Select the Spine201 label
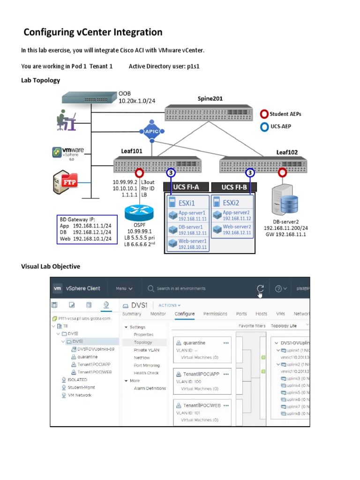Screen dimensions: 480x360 pyautogui.click(x=210, y=98)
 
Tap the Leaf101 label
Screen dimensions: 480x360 pyautogui.click(x=132, y=151)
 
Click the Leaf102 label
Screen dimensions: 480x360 pyautogui.click(x=287, y=152)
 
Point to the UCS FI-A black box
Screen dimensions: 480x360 pyautogui.click(x=186, y=187)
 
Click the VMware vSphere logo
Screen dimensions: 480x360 pyautogui.click(x=68, y=153)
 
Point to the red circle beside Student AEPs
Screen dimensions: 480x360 pyautogui.click(x=264, y=114)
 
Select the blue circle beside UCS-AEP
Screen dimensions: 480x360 pyautogui.click(x=264, y=126)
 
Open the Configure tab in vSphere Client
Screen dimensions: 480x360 pyautogui.click(x=185, y=314)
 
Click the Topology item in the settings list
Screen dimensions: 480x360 pyautogui.click(x=142, y=342)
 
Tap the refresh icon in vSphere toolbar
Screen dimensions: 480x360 pyautogui.click(x=260, y=288)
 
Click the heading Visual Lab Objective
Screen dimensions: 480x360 pyautogui.click(x=51, y=267)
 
